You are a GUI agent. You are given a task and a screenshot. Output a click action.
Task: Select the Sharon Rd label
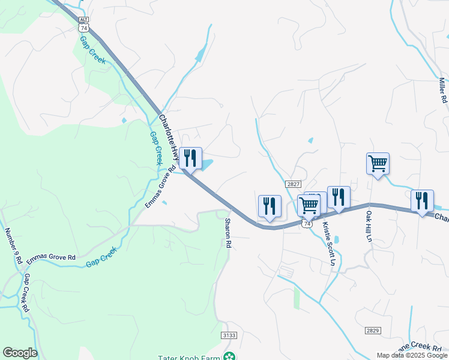228,233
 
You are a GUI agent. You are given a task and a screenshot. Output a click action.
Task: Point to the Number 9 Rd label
13,247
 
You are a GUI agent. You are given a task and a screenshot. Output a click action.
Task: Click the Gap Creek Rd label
26,293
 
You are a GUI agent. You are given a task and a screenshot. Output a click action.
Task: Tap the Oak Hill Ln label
369,226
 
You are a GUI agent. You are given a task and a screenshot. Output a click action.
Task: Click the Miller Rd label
444,90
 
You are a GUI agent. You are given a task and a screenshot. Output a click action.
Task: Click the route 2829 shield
372,331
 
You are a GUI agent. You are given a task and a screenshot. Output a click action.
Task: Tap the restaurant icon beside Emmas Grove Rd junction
190,158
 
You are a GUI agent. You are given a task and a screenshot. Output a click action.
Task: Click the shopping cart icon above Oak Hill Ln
378,163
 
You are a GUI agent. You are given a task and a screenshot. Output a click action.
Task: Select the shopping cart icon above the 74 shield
309,205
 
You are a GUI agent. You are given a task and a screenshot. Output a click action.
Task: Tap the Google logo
20,353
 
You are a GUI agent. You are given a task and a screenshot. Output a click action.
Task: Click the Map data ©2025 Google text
412,355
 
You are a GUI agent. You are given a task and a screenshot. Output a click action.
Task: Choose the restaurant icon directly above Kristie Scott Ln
339,197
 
